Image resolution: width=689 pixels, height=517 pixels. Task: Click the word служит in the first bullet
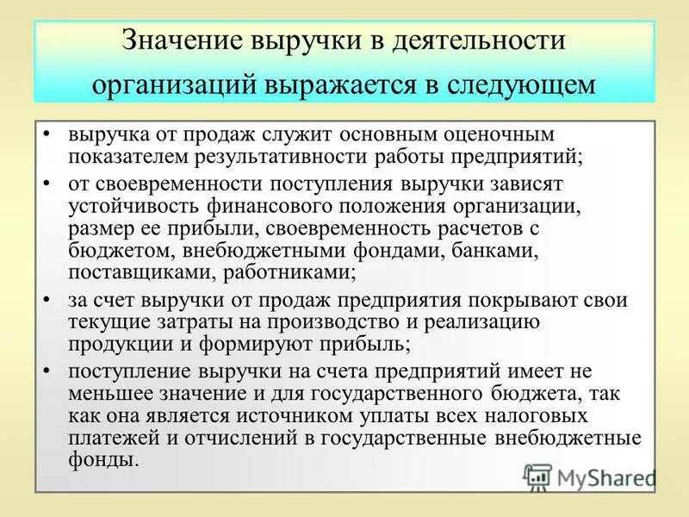pos(301,136)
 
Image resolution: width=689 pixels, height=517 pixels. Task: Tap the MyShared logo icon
pos(537,477)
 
